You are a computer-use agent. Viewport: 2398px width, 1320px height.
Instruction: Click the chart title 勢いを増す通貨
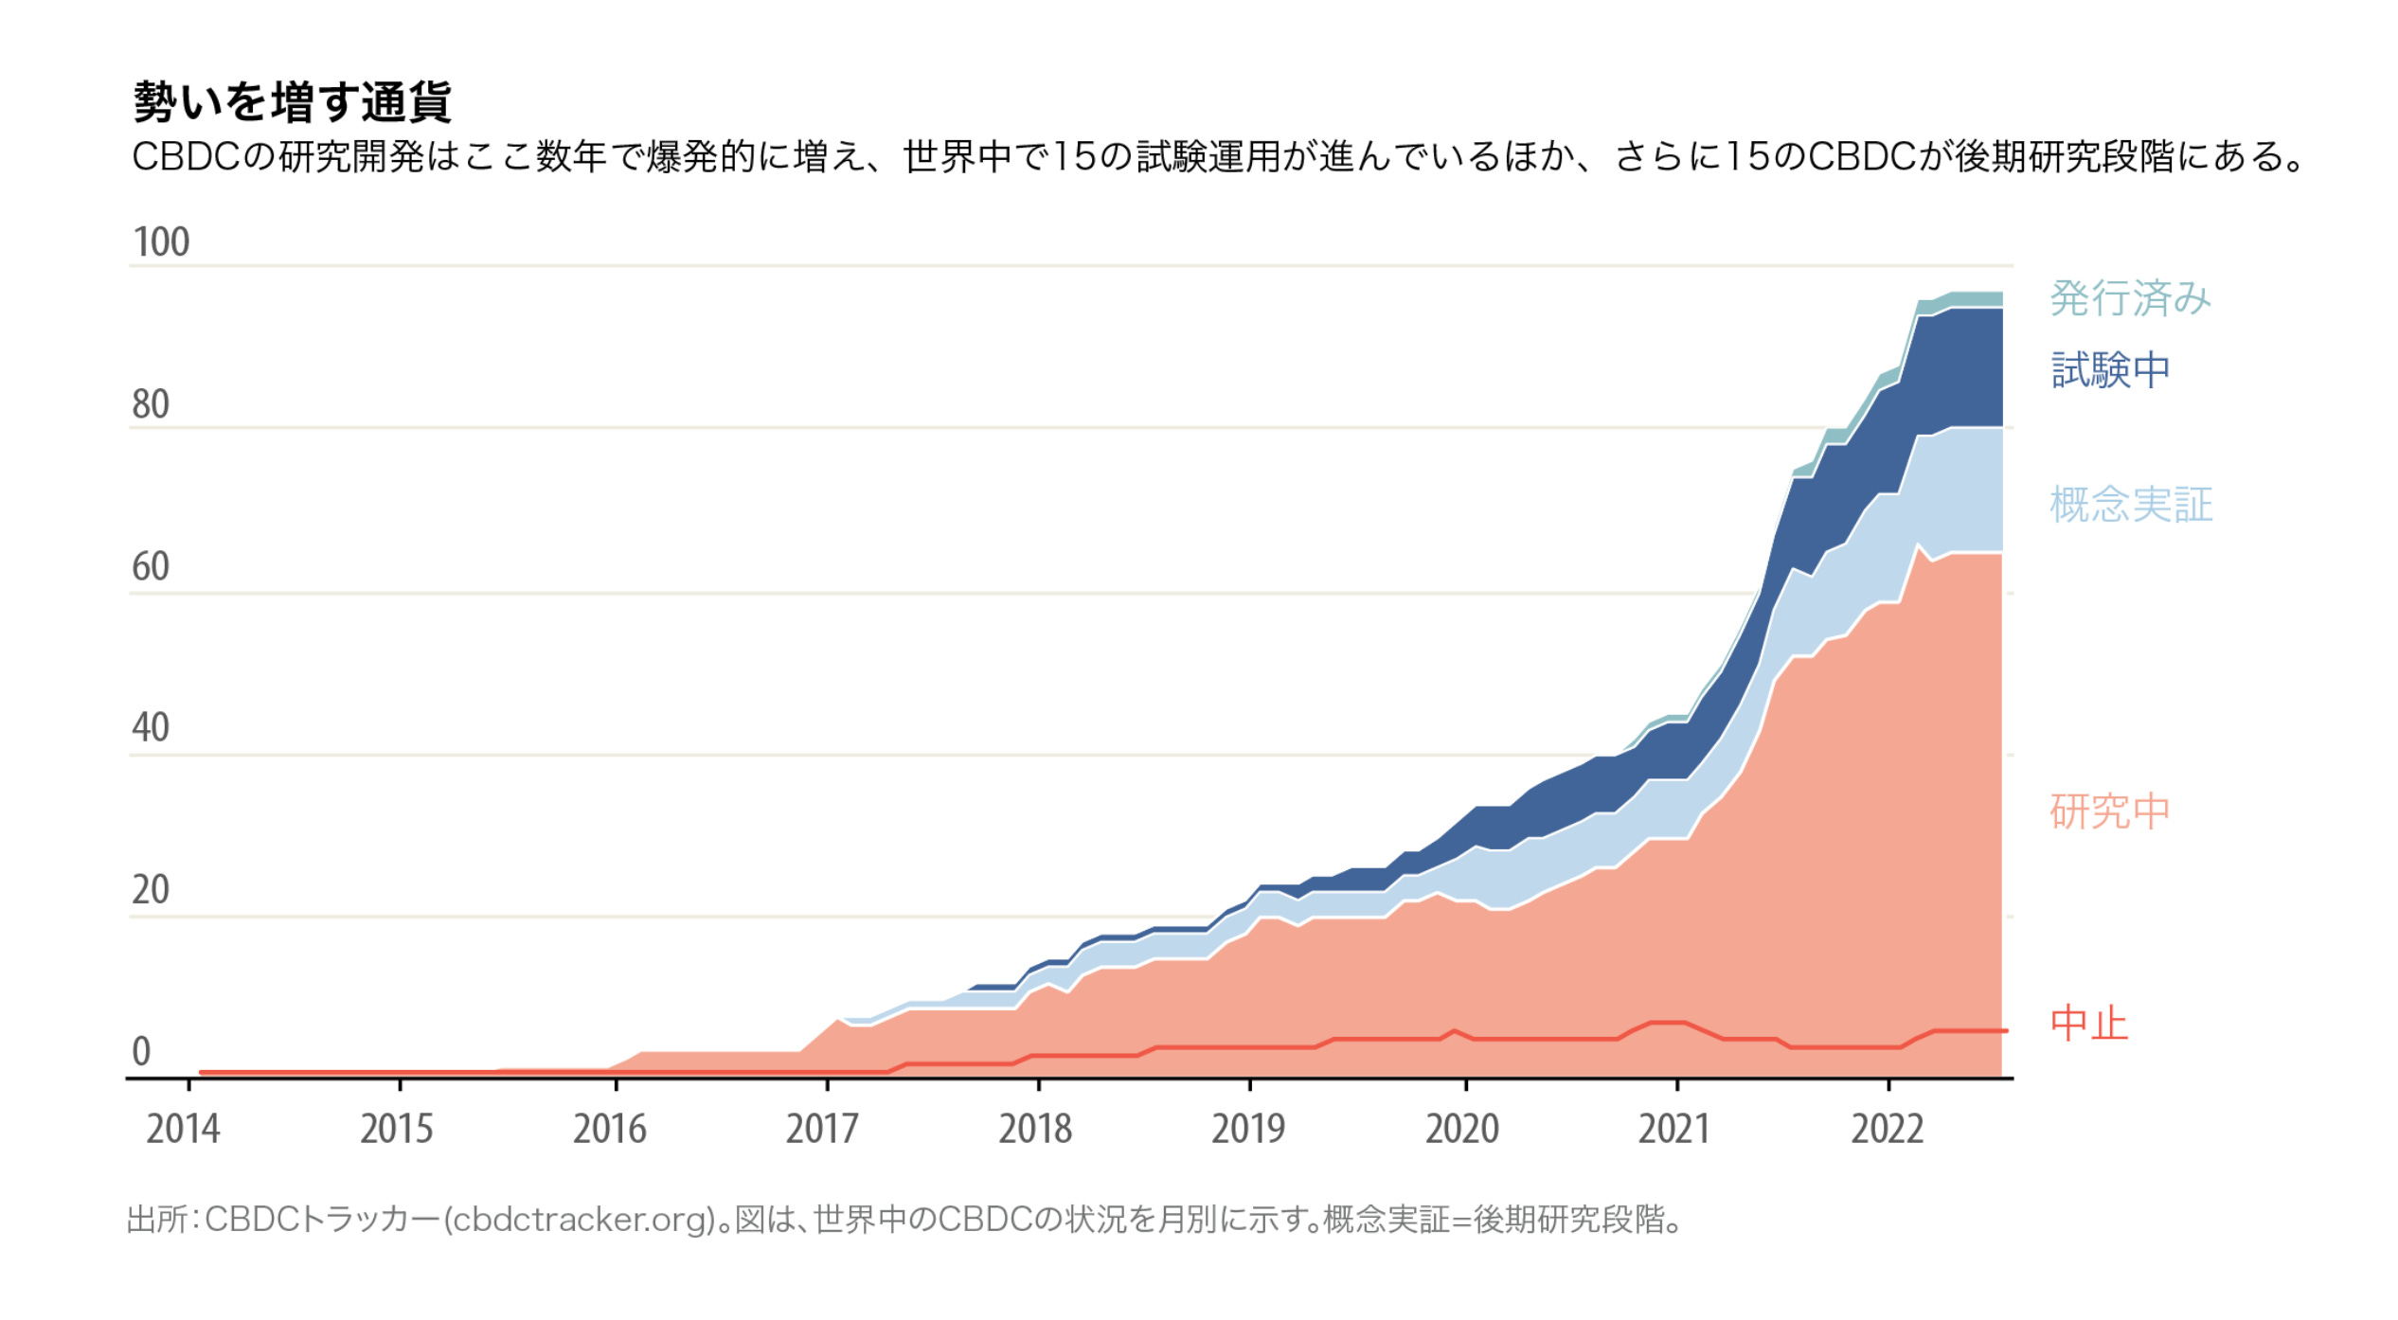(x=292, y=101)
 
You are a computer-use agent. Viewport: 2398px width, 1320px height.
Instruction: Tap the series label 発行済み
(x=2130, y=298)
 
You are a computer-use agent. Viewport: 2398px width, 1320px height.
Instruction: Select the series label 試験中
(x=2110, y=369)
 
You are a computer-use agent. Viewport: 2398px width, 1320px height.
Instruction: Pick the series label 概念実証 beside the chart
(x=2131, y=505)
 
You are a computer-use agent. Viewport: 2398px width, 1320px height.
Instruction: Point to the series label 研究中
(x=2109, y=812)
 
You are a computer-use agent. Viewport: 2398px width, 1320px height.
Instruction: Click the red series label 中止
(x=2088, y=1025)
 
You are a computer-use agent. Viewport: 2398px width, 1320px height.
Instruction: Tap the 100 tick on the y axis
(x=161, y=242)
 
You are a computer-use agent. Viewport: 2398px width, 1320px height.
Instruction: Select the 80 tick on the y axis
(x=151, y=404)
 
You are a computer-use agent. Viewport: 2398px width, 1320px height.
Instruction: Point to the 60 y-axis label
(x=151, y=566)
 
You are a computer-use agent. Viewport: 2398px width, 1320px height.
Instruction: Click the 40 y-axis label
(x=151, y=728)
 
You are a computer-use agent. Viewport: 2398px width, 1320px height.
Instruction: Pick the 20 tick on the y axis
(x=151, y=890)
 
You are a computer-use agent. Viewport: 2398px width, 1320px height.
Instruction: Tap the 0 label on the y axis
(x=141, y=1052)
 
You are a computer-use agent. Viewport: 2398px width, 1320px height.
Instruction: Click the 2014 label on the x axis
(x=183, y=1129)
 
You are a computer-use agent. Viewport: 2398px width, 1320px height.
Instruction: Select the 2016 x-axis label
(x=609, y=1129)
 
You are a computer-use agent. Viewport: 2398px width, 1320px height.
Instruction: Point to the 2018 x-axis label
(x=1035, y=1129)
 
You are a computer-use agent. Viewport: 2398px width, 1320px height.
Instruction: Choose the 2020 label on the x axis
(x=1462, y=1129)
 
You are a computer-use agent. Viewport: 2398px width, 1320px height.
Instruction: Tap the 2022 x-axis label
(x=1888, y=1129)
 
